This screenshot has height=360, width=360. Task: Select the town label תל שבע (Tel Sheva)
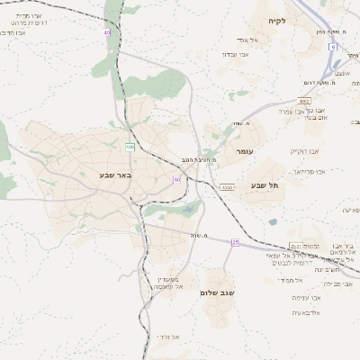265,184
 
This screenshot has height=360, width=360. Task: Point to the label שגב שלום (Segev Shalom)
220,292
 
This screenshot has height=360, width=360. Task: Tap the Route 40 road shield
107,32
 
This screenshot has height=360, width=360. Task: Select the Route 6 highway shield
332,45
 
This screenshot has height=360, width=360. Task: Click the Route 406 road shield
130,146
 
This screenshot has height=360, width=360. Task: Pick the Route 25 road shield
236,242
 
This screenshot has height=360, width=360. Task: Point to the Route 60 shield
177,180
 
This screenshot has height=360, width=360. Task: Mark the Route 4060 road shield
305,101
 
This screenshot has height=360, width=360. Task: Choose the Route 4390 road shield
226,187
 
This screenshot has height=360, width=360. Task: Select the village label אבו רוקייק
304,151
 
